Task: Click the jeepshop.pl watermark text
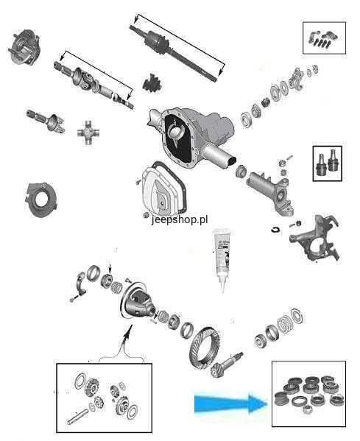(180, 219)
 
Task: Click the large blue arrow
(230, 404)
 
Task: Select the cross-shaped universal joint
(88, 133)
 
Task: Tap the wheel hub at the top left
(24, 47)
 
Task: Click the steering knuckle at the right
(314, 238)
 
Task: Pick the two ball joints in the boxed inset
(328, 163)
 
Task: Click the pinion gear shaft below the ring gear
(227, 365)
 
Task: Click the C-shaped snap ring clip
(275, 230)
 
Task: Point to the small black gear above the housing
(152, 82)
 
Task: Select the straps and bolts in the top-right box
(324, 38)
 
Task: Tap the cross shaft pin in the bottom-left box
(78, 416)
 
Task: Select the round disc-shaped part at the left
(40, 199)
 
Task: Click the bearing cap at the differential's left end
(80, 283)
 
